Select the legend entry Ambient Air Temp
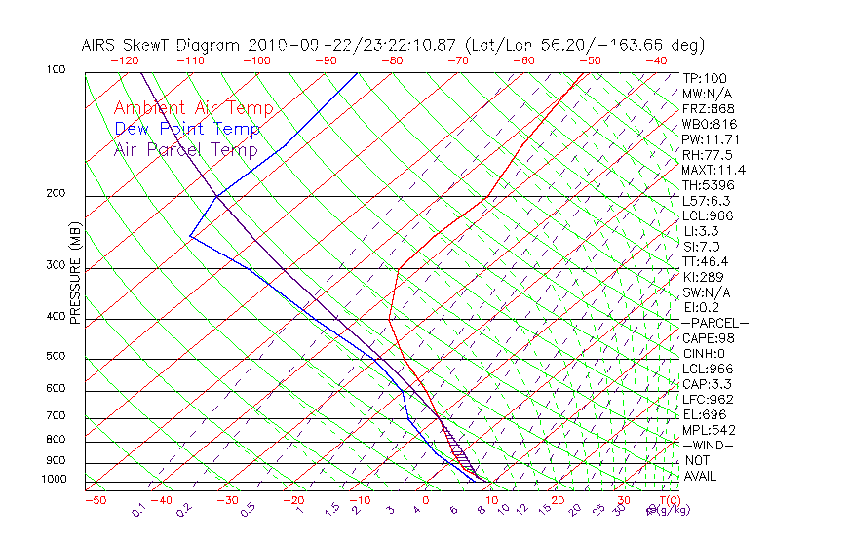[194, 108]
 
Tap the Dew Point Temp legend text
[187, 129]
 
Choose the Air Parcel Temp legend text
[186, 149]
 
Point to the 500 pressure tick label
[56, 356]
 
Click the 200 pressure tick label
[56, 193]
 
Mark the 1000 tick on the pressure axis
[53, 479]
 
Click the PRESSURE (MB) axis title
[75, 272]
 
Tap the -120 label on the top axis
[125, 59]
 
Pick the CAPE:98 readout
[708, 338]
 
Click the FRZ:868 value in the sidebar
[708, 109]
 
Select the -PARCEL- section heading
[715, 323]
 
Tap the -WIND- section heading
[709, 445]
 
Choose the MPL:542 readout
[709, 430]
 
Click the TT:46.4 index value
[706, 261]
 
